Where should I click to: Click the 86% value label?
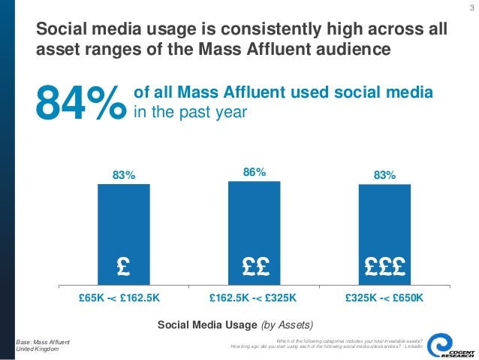pos(254,172)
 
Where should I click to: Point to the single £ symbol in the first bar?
pos(124,266)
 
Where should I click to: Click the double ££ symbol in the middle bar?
pos(254,266)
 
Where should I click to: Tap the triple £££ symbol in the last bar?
pos(384,266)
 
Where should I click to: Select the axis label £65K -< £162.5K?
pos(120,298)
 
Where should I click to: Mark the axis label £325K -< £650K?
pos(385,298)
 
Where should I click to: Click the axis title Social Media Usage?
pos(207,325)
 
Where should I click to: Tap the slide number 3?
pos(470,8)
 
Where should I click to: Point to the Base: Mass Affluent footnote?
pos(42,342)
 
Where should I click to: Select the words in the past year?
pos(190,111)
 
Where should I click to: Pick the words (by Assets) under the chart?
pos(287,325)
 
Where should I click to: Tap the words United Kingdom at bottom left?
pos(38,350)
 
